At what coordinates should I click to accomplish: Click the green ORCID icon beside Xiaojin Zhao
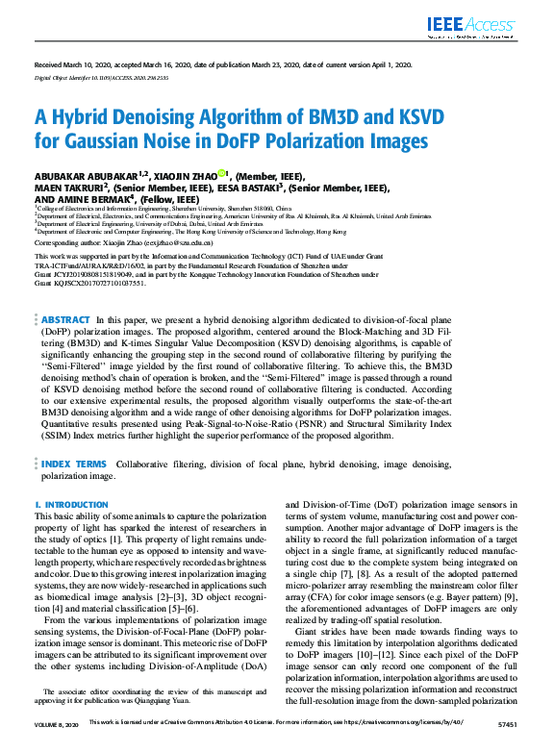coord(221,174)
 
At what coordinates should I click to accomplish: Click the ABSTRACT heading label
coord(65,292)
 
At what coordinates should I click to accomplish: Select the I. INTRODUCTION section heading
coord(71,504)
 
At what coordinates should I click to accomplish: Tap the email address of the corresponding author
coord(193,244)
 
